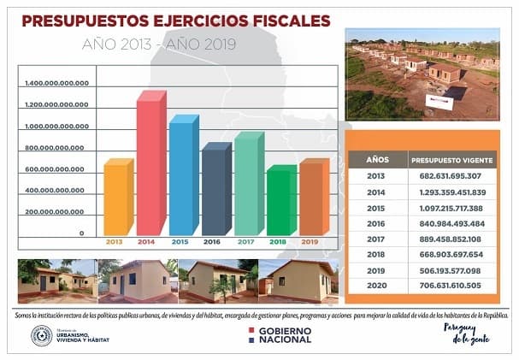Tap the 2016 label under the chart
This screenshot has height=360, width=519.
point(213,242)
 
